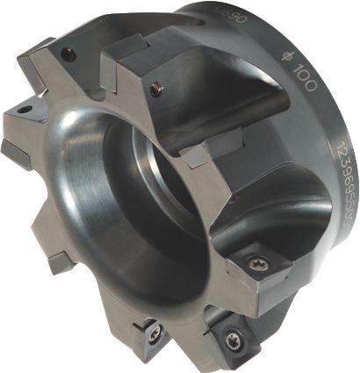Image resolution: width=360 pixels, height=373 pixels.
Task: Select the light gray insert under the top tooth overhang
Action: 212,140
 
